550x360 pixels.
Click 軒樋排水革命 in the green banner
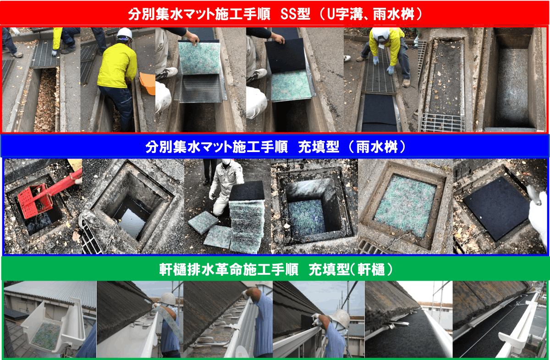click(x=201, y=270)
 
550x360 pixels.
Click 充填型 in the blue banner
click(x=319, y=147)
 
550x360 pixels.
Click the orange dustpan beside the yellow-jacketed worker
click(x=148, y=83)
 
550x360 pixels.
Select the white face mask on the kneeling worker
click(x=226, y=162)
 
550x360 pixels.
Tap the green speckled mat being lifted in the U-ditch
click(x=200, y=58)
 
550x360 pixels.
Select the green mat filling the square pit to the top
click(x=405, y=206)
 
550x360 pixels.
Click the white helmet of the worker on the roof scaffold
click(x=341, y=318)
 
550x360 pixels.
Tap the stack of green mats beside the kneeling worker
click(x=247, y=226)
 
